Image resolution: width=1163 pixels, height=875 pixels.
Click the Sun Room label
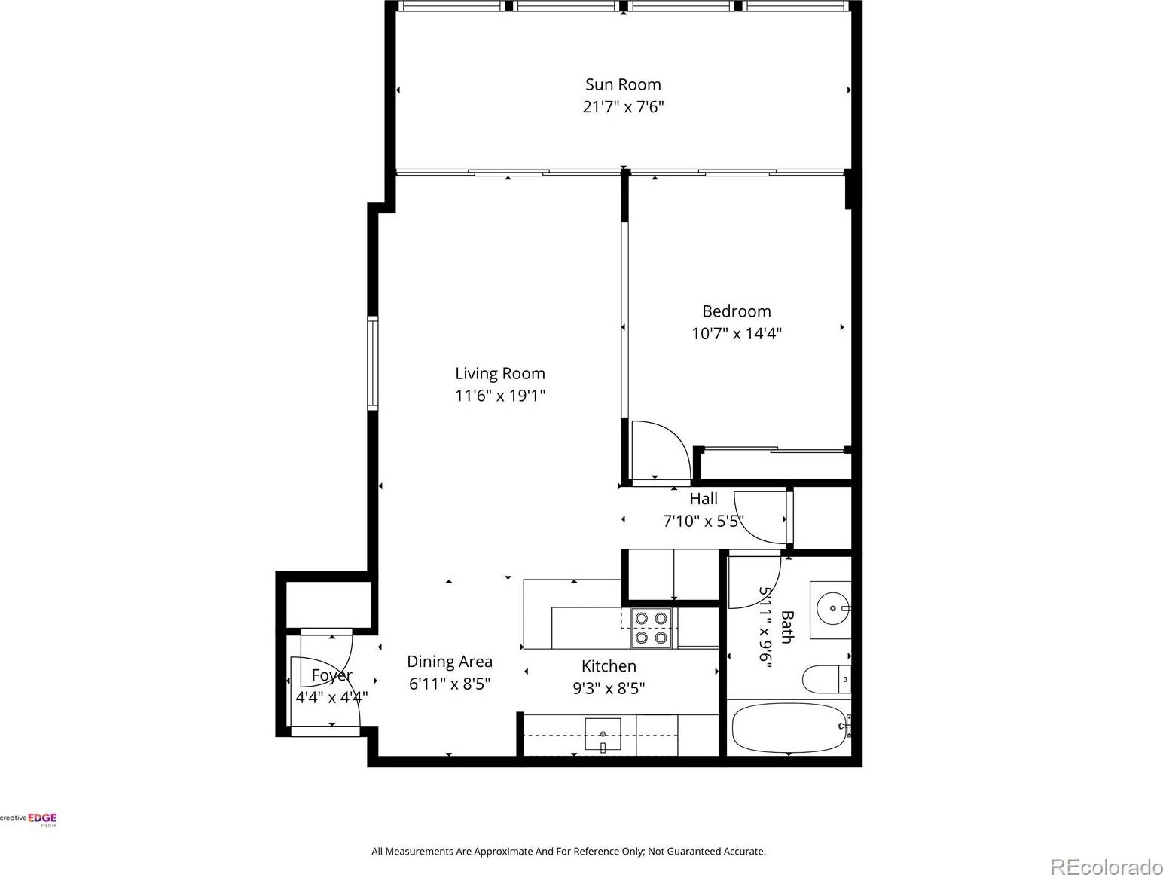point(623,84)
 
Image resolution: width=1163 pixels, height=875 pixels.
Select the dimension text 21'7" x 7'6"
point(623,107)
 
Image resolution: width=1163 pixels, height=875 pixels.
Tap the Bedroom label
point(737,311)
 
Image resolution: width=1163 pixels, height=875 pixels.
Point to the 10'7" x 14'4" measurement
point(737,333)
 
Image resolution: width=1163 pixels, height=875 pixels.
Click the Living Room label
point(500,373)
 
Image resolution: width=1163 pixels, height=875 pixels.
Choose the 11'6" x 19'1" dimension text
point(500,396)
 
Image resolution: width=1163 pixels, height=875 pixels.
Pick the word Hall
point(704,499)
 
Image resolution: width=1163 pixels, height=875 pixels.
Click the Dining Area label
point(450,662)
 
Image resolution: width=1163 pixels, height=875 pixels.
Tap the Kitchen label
point(609,665)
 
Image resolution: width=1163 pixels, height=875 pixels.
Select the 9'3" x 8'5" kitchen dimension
point(609,688)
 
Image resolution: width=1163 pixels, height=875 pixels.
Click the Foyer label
point(331,675)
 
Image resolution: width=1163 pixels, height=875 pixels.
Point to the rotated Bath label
point(787,627)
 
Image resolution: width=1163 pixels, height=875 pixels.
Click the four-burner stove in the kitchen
point(651,628)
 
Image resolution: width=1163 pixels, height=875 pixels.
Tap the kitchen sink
point(603,735)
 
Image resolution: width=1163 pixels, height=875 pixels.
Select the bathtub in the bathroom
point(789,728)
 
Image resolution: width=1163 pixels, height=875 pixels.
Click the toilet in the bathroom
point(826,680)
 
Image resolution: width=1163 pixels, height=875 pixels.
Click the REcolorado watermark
point(1107,865)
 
